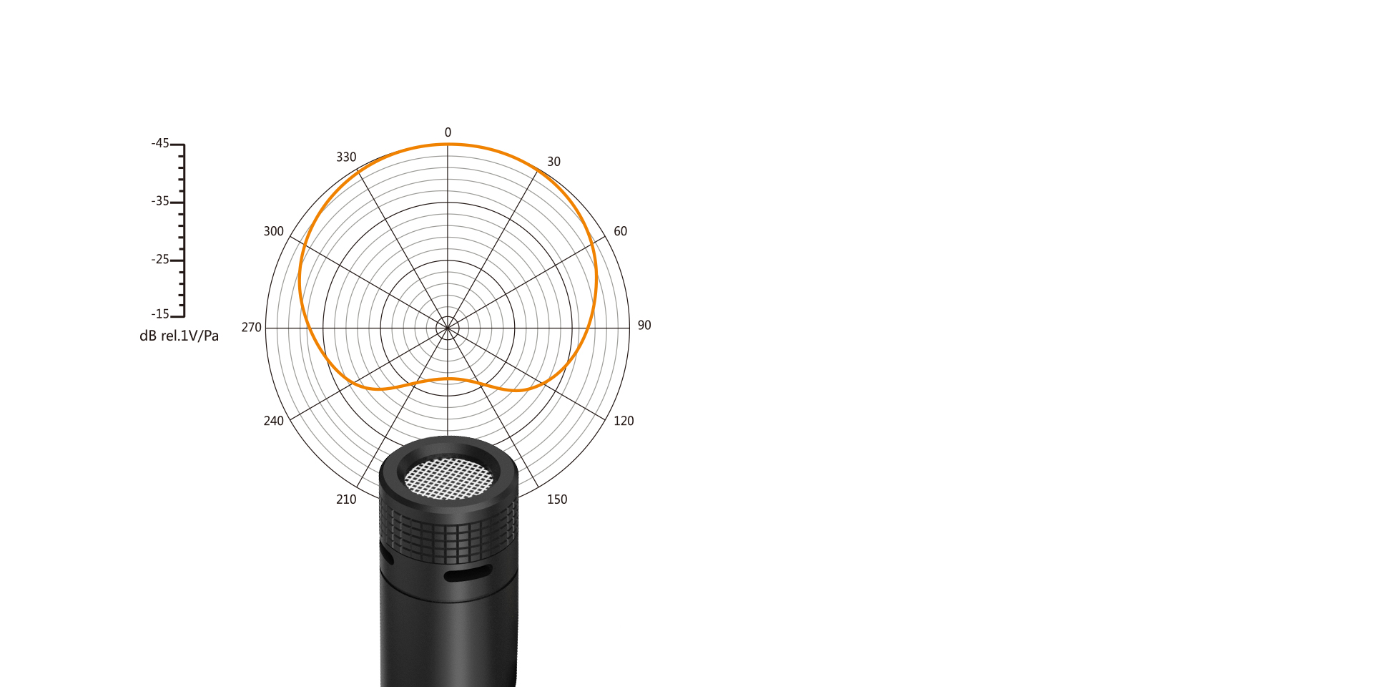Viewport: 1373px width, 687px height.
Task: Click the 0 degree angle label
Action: pos(448,132)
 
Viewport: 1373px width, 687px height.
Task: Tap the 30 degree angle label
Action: pos(553,162)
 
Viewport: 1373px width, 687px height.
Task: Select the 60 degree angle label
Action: pos(620,231)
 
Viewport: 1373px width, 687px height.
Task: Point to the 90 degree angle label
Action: pos(644,326)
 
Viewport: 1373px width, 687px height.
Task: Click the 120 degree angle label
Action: pos(624,421)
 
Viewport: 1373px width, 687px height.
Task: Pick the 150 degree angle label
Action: pos(557,500)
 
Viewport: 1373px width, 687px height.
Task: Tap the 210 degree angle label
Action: pos(346,500)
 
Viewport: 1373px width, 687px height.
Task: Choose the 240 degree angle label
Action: pos(273,421)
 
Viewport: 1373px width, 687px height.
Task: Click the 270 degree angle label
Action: pos(251,327)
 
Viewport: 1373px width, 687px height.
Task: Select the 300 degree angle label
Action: pos(273,231)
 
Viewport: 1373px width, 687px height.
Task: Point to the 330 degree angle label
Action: pos(346,157)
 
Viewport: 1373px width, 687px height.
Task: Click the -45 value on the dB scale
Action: pos(160,143)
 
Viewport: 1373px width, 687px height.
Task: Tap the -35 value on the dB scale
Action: pos(160,201)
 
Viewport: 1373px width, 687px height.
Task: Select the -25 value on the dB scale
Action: pos(160,259)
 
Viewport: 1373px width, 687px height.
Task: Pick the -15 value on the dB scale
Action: pos(160,314)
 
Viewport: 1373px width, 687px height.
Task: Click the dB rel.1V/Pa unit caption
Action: pos(179,336)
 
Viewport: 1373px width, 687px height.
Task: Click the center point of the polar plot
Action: pos(448,328)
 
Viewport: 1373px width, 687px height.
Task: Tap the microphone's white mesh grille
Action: pos(448,479)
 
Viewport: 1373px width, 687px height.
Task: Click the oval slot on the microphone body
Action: pos(468,573)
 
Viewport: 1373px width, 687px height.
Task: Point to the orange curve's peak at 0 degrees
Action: pos(448,145)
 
